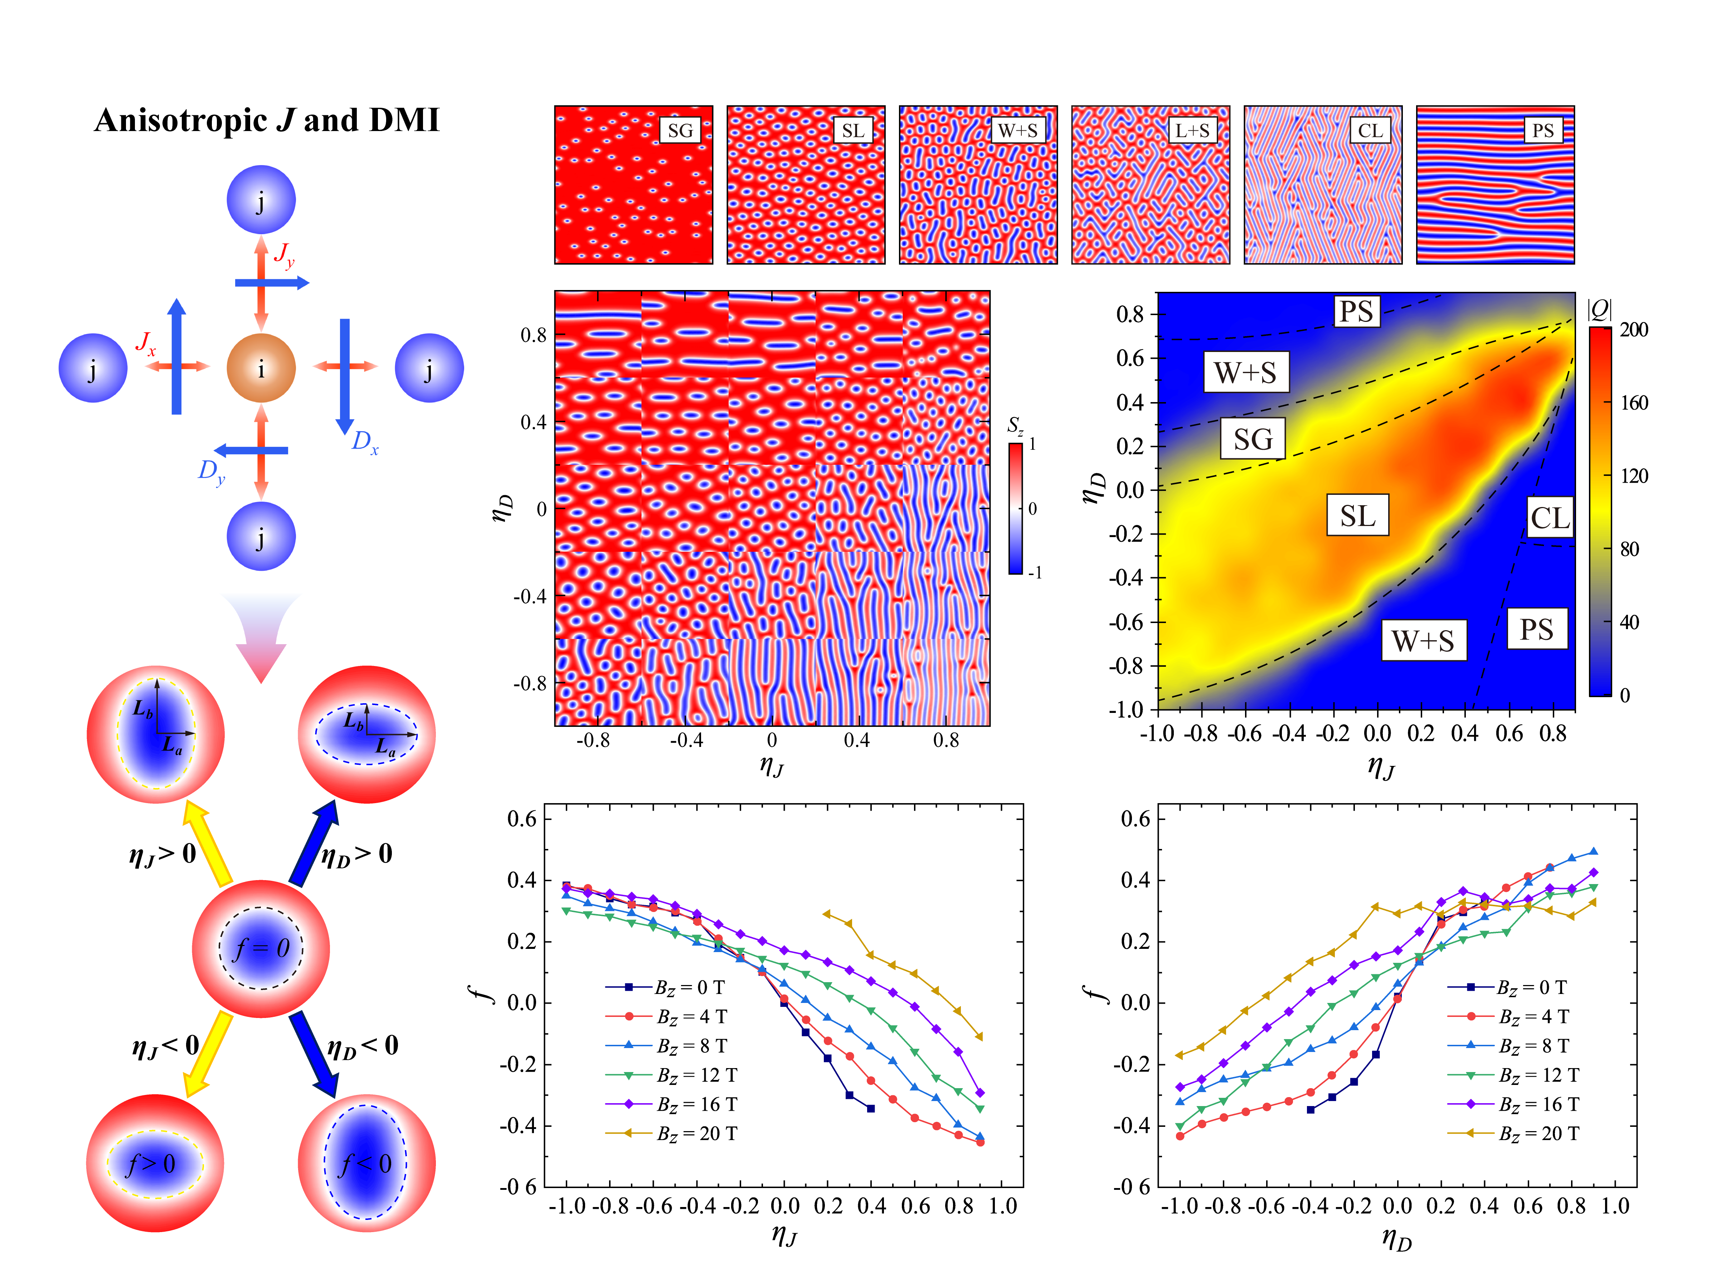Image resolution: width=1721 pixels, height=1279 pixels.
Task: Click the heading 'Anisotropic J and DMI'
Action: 267,121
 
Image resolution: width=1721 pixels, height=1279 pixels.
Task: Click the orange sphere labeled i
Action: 261,368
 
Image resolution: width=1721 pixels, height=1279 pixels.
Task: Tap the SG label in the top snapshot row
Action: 680,130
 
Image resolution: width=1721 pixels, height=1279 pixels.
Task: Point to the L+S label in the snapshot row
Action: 1192,130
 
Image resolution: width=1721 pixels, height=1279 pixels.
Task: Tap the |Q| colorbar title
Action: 1599,310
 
